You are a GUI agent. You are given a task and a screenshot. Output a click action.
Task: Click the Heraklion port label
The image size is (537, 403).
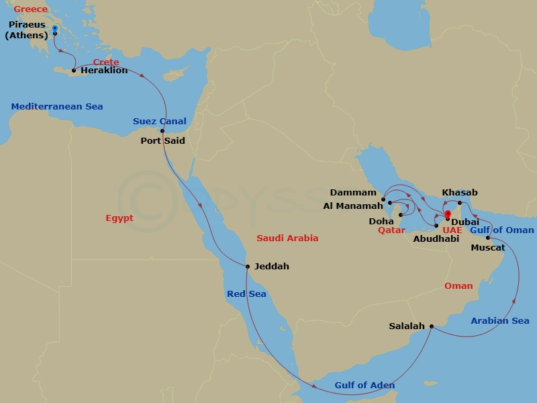104,71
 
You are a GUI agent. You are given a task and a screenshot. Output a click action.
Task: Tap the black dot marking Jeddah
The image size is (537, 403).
248,267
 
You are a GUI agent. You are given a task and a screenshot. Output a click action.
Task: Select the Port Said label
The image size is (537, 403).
162,141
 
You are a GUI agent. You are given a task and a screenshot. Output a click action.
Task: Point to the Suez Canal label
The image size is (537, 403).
160,122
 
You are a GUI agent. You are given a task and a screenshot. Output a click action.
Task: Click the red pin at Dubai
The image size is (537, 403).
448,214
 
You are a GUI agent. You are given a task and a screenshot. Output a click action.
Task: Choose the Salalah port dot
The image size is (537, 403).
431,326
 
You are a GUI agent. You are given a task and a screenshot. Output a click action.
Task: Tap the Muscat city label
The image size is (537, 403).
488,248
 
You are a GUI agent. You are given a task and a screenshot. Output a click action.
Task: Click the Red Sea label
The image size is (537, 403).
246,294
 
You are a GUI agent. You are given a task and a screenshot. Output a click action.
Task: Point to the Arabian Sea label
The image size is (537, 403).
500,321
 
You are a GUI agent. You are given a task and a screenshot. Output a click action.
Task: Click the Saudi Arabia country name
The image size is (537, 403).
287,238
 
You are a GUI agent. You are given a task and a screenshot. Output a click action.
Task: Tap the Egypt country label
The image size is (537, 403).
119,218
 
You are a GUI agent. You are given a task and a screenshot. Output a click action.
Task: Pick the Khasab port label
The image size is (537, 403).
460,193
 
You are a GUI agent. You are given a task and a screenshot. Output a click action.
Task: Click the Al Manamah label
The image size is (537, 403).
353,206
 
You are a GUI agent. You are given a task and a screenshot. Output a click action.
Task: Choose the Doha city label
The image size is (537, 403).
381,221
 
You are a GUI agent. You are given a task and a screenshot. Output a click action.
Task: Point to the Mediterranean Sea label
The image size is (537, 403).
57,107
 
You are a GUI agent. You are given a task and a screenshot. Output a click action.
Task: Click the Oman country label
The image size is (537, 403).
458,286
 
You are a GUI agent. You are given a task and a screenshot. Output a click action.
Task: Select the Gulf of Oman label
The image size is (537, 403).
502,230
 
